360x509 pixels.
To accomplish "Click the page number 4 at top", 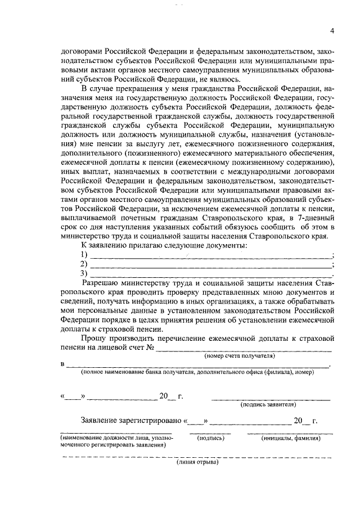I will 332,30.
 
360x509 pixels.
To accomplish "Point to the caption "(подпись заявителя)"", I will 268,404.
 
